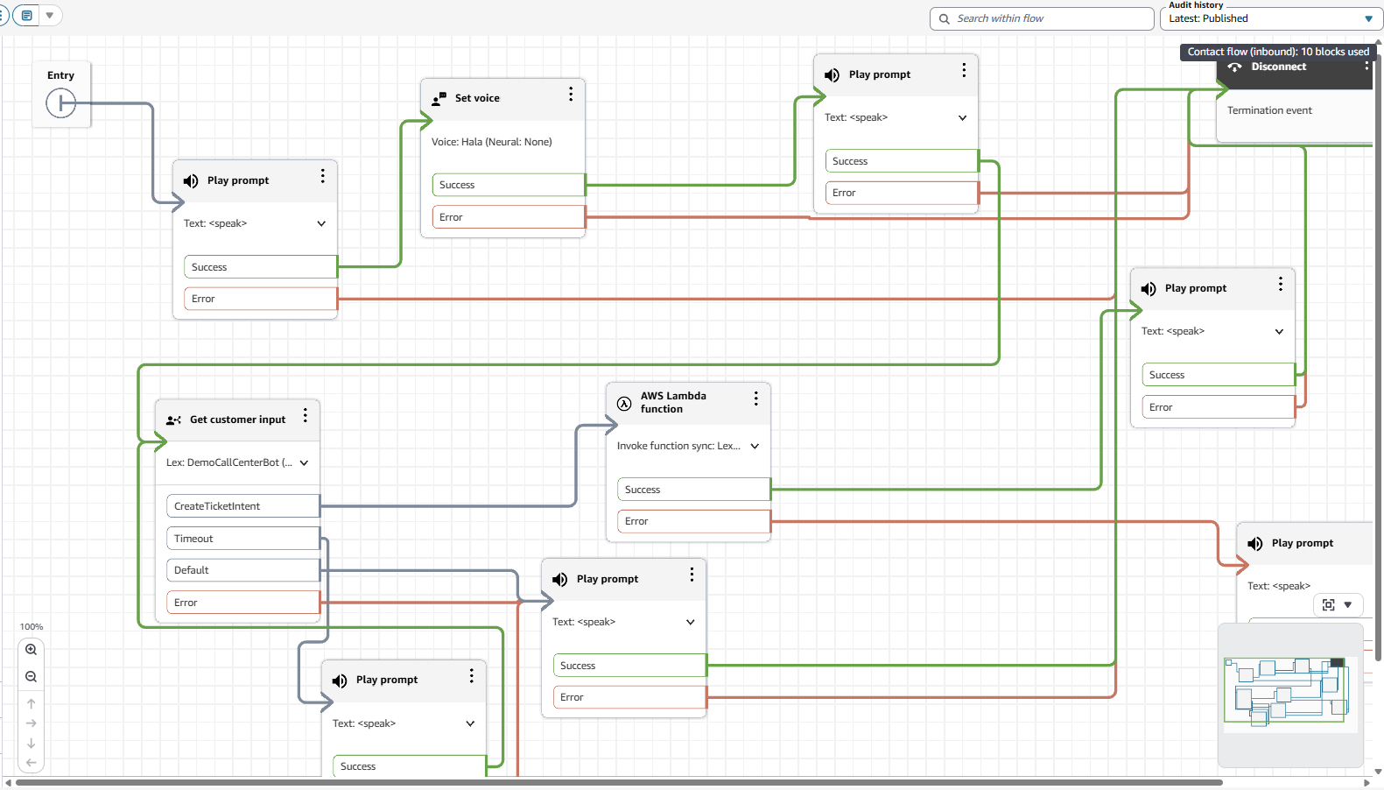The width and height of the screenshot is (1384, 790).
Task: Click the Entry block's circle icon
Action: coord(60,103)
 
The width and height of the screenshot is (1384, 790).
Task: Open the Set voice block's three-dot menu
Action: coord(571,94)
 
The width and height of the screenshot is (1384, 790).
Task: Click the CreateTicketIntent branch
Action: coord(242,506)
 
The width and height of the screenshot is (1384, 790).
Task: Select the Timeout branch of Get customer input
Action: coord(242,539)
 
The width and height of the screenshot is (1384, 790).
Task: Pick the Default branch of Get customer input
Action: coord(242,570)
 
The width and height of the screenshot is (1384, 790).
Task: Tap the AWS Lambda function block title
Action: coord(672,402)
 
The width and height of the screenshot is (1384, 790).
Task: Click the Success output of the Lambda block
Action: coord(693,490)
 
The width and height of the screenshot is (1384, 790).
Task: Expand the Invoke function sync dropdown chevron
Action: coord(755,446)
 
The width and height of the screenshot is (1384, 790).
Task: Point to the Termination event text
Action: coord(1269,110)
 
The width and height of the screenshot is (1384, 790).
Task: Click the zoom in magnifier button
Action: coord(32,650)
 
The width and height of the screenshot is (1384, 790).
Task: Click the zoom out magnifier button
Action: coord(32,677)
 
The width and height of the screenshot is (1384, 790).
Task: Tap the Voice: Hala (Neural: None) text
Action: coord(491,142)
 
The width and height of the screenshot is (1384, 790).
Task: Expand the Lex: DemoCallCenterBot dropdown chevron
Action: coord(304,462)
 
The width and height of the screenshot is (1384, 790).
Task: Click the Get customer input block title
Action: coord(237,420)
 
